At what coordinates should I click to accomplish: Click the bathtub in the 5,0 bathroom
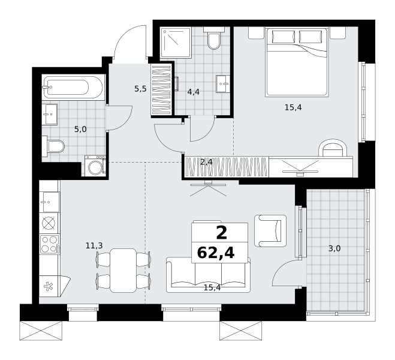tap(73, 87)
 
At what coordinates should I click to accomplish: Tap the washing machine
tap(95, 166)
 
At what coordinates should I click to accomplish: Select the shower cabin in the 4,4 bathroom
tap(176, 43)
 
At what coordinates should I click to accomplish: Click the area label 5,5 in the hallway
tap(140, 89)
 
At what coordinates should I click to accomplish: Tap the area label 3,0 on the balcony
tap(334, 248)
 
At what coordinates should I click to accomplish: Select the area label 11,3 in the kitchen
tap(94, 245)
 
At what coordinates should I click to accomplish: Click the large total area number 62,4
tap(216, 253)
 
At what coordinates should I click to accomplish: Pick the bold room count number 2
tap(222, 233)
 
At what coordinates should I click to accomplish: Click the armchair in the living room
tap(270, 230)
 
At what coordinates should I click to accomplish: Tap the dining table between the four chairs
tap(123, 270)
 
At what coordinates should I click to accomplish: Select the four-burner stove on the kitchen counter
tap(49, 244)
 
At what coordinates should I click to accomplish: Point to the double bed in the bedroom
tap(297, 62)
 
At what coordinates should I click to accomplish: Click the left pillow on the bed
tap(283, 37)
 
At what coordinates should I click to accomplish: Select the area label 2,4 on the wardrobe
tap(206, 162)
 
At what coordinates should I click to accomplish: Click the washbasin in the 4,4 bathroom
tap(223, 83)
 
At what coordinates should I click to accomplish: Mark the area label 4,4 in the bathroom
tap(193, 92)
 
